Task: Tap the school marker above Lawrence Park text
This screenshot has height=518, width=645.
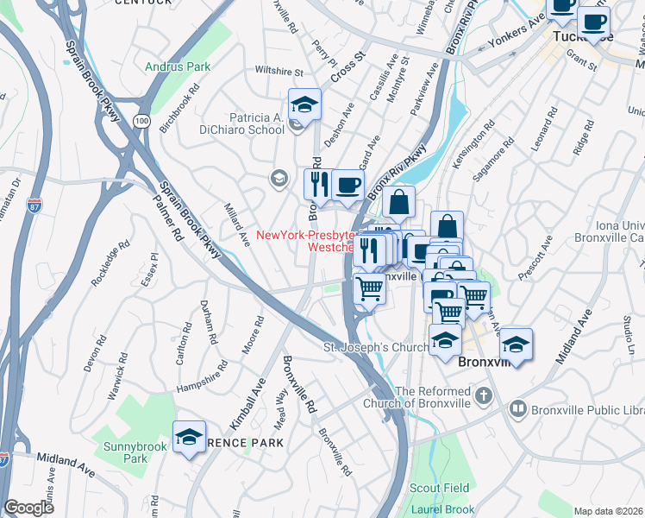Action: (x=189, y=438)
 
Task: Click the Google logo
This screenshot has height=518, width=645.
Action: (x=28, y=508)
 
